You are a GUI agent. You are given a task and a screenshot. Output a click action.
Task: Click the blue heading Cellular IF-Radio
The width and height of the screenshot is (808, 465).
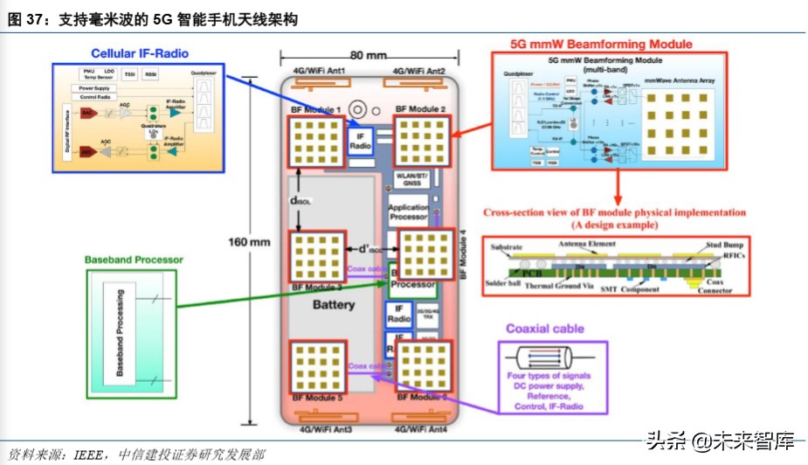coord(140,53)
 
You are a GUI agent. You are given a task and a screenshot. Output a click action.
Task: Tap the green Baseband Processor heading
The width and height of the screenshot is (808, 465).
coord(134,260)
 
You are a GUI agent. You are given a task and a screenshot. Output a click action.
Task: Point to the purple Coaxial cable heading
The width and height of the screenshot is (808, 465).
coord(545,329)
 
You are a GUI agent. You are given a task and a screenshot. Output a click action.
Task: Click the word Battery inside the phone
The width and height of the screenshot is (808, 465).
coord(334,305)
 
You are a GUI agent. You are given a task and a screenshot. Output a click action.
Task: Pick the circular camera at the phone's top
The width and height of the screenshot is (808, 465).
coord(357,109)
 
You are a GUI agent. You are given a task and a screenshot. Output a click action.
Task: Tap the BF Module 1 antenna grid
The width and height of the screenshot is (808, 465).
coord(315,139)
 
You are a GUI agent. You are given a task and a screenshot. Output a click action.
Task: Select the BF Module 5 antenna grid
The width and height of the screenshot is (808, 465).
coord(315,367)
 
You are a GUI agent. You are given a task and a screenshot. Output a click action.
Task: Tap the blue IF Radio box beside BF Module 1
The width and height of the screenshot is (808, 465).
coord(361,142)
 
